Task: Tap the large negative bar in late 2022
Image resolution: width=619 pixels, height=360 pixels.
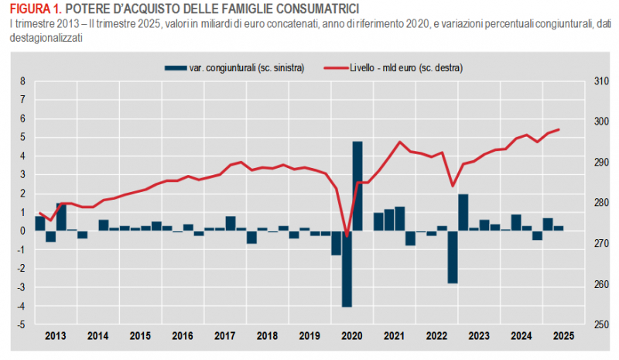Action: (x=453, y=256)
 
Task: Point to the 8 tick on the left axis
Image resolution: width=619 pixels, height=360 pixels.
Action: (x=22, y=81)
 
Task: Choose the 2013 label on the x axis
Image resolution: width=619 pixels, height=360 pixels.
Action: (x=55, y=336)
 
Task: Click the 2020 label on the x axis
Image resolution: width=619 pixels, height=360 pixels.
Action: (x=352, y=336)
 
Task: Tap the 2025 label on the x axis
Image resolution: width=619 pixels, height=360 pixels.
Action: (x=563, y=336)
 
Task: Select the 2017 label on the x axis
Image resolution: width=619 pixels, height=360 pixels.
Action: (x=224, y=336)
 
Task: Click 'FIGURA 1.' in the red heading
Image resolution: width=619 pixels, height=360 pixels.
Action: (x=31, y=8)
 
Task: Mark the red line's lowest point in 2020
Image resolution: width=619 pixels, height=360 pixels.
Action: (x=347, y=236)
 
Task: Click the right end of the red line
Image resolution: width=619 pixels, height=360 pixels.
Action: (x=559, y=129)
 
